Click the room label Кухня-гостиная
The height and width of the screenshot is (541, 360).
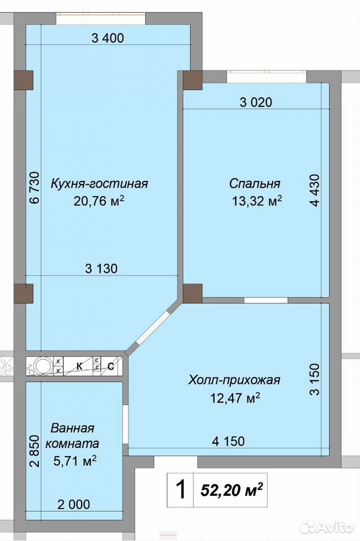[99, 184]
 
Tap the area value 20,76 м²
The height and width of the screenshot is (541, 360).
[99, 201]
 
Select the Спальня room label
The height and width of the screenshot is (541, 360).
[255, 184]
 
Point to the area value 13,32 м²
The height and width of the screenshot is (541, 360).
[257, 201]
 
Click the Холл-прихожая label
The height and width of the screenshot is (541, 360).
[234, 380]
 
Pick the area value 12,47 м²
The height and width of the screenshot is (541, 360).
[235, 398]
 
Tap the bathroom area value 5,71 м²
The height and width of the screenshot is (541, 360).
[74, 460]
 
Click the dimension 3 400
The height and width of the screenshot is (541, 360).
[108, 38]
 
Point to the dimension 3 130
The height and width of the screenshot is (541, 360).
[101, 268]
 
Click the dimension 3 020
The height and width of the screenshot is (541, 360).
[256, 102]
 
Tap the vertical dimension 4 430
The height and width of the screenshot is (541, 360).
[315, 190]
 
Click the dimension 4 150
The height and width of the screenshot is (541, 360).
[228, 441]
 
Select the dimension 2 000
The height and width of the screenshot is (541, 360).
[74, 504]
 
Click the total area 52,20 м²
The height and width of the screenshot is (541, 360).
[232, 490]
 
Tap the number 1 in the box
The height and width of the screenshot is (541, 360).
[181, 490]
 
